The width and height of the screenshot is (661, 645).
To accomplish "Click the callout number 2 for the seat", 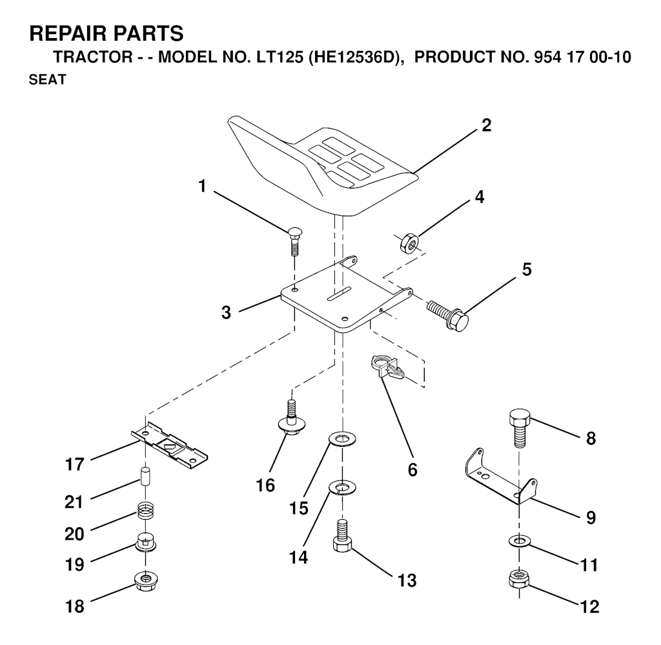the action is click(x=486, y=125).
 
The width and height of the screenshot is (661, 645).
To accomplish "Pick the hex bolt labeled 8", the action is click(x=520, y=427).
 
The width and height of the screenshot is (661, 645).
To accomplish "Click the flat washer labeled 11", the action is click(x=519, y=540).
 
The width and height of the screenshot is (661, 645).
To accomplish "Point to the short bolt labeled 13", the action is click(x=342, y=535).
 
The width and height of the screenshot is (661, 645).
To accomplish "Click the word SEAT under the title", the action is click(x=47, y=79).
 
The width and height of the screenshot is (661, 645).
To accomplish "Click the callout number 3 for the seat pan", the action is click(x=226, y=312).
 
